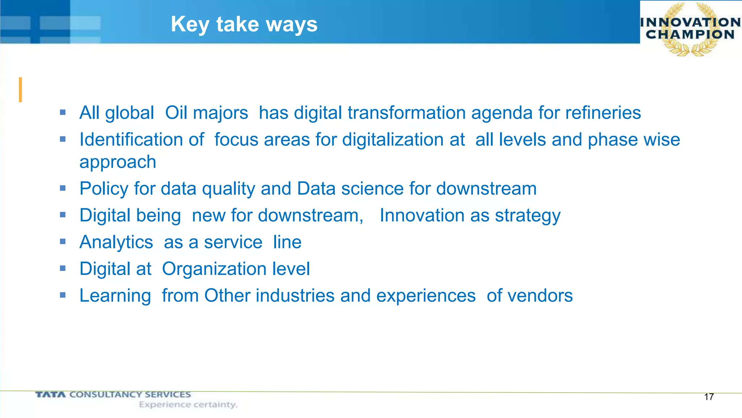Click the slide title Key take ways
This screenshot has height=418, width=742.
coord(244,24)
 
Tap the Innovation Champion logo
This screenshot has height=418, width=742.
coord(690,29)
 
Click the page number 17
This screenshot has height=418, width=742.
coord(709,397)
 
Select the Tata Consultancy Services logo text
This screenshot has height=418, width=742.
coord(113,394)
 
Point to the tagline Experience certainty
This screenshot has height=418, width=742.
coord(188,405)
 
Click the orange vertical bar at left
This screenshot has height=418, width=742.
coord(20,90)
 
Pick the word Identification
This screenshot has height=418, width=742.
coord(142,140)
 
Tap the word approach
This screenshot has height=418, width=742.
coord(118,162)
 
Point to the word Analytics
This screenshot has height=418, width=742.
coord(116,242)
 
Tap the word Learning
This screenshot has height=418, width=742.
coord(115,296)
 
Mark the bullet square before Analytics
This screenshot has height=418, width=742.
coord(63,242)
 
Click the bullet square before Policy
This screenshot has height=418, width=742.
coord(63,188)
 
